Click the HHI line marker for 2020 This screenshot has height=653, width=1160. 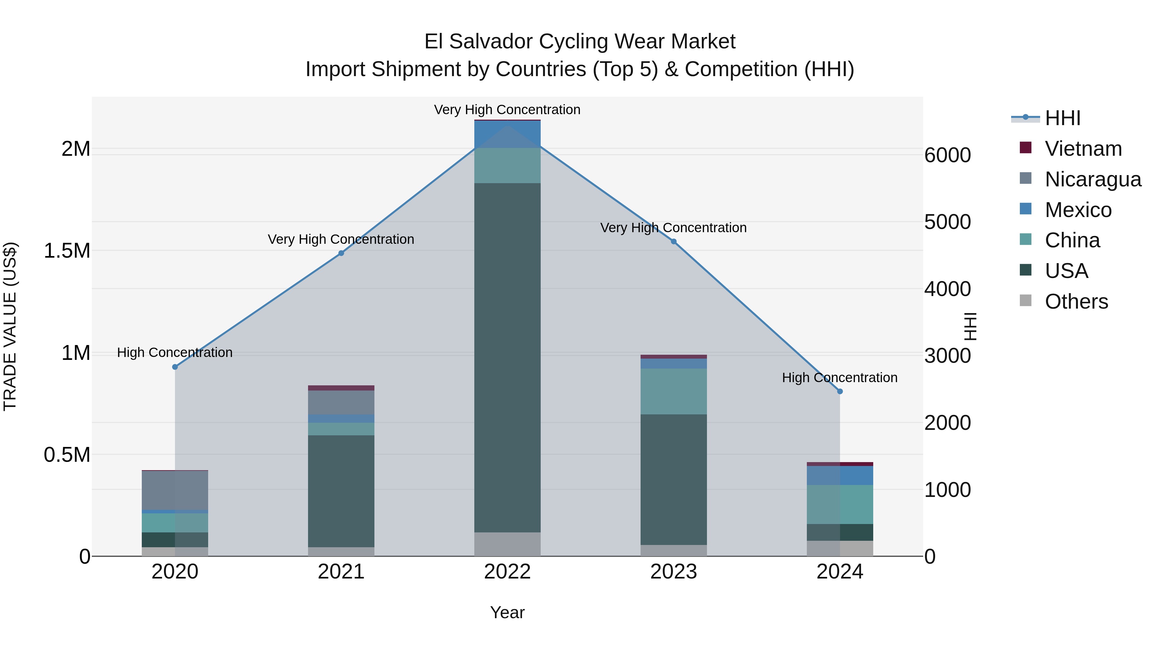point(175,367)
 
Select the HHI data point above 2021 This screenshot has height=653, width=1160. point(341,253)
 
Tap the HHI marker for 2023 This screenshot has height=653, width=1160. point(674,242)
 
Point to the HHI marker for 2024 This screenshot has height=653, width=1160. point(840,391)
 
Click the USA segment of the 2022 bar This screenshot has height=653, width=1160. point(507,356)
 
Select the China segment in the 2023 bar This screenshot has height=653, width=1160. point(674,391)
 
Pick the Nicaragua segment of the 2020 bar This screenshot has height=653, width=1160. point(175,490)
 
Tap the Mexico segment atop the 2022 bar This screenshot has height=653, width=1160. point(507,134)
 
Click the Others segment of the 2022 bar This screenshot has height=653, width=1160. point(507,544)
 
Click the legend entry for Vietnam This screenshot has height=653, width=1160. point(1083,149)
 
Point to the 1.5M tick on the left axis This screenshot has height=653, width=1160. point(67,251)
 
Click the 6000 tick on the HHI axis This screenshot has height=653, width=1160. point(947,155)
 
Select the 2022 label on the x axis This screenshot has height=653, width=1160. point(507,572)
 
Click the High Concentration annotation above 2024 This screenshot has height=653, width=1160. point(839,378)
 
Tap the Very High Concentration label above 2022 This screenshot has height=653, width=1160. point(507,110)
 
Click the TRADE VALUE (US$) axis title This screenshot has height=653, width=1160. point(10,326)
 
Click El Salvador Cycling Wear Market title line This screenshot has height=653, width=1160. point(580,42)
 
